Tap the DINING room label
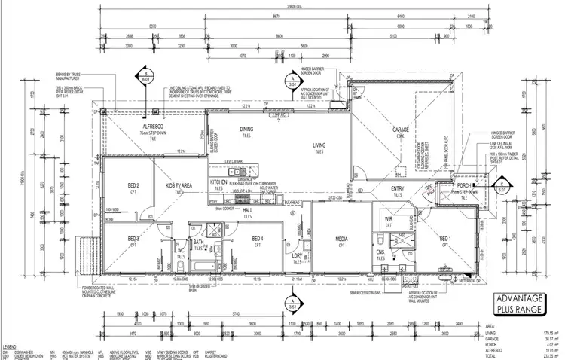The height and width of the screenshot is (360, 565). (246, 130)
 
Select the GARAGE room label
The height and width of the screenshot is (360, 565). (400, 130)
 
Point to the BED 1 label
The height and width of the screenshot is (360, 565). (444, 239)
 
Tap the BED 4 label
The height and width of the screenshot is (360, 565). (257, 239)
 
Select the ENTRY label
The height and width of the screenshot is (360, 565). (399, 188)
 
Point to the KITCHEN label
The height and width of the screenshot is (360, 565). (218, 183)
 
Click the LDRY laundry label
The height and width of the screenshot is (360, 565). (297, 255)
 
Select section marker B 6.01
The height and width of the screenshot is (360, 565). (143, 76)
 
